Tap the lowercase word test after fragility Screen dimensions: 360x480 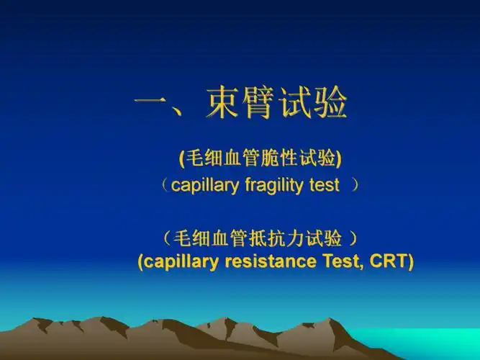(x=324, y=185)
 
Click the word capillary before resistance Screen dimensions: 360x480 (x=182, y=261)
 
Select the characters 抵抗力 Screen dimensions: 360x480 (x=273, y=237)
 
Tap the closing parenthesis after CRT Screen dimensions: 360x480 (x=410, y=262)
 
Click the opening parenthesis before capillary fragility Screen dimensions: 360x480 (x=166, y=186)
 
